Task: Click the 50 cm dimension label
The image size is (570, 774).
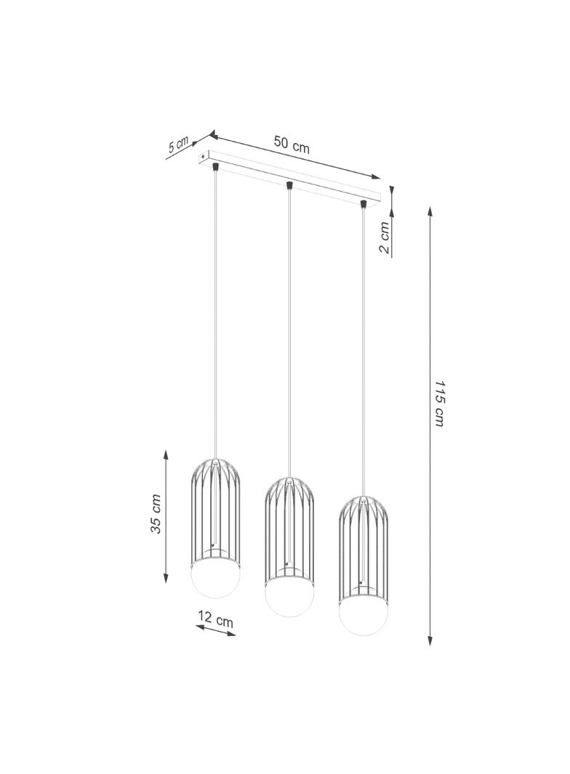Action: coord(292,144)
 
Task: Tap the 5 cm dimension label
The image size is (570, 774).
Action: coord(178,143)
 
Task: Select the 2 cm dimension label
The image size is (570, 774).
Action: coord(385,237)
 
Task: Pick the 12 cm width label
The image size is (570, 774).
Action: coord(216,619)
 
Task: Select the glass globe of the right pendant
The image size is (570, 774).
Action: coord(363,616)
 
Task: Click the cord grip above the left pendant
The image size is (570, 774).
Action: coord(215,167)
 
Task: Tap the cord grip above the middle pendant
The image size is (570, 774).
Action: coord(289,186)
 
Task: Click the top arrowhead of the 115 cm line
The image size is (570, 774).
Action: coord(431,212)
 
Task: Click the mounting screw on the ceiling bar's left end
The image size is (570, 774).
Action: coord(202,155)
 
